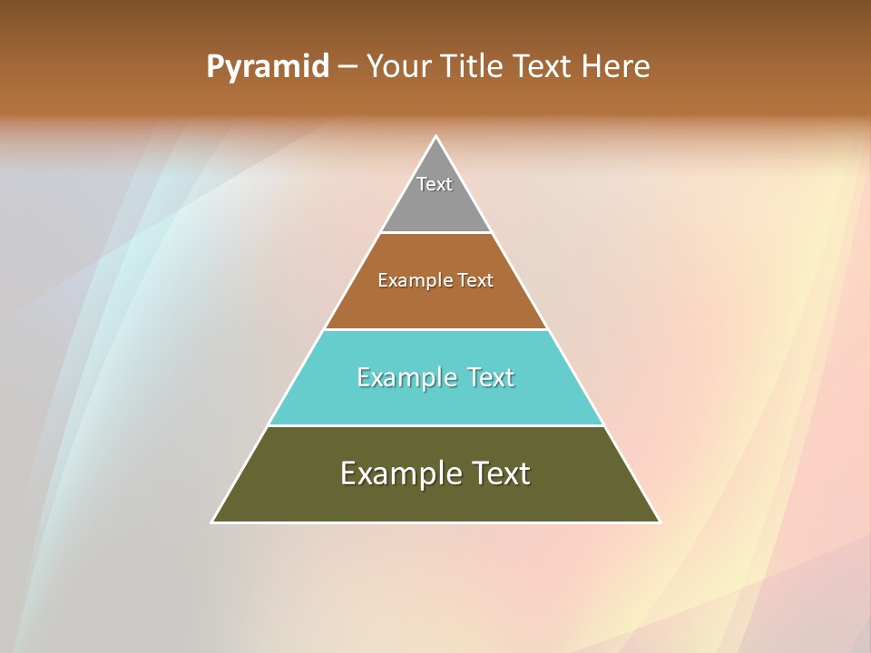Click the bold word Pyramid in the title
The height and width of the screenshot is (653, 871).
click(x=268, y=67)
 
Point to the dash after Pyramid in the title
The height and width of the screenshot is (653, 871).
click(x=347, y=67)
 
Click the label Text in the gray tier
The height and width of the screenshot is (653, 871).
click(x=435, y=184)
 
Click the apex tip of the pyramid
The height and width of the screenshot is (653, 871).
click(x=435, y=138)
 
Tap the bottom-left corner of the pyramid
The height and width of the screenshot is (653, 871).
click(x=214, y=521)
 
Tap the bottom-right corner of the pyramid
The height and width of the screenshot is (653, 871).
click(x=658, y=521)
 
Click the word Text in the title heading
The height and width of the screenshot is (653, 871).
click(x=542, y=67)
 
